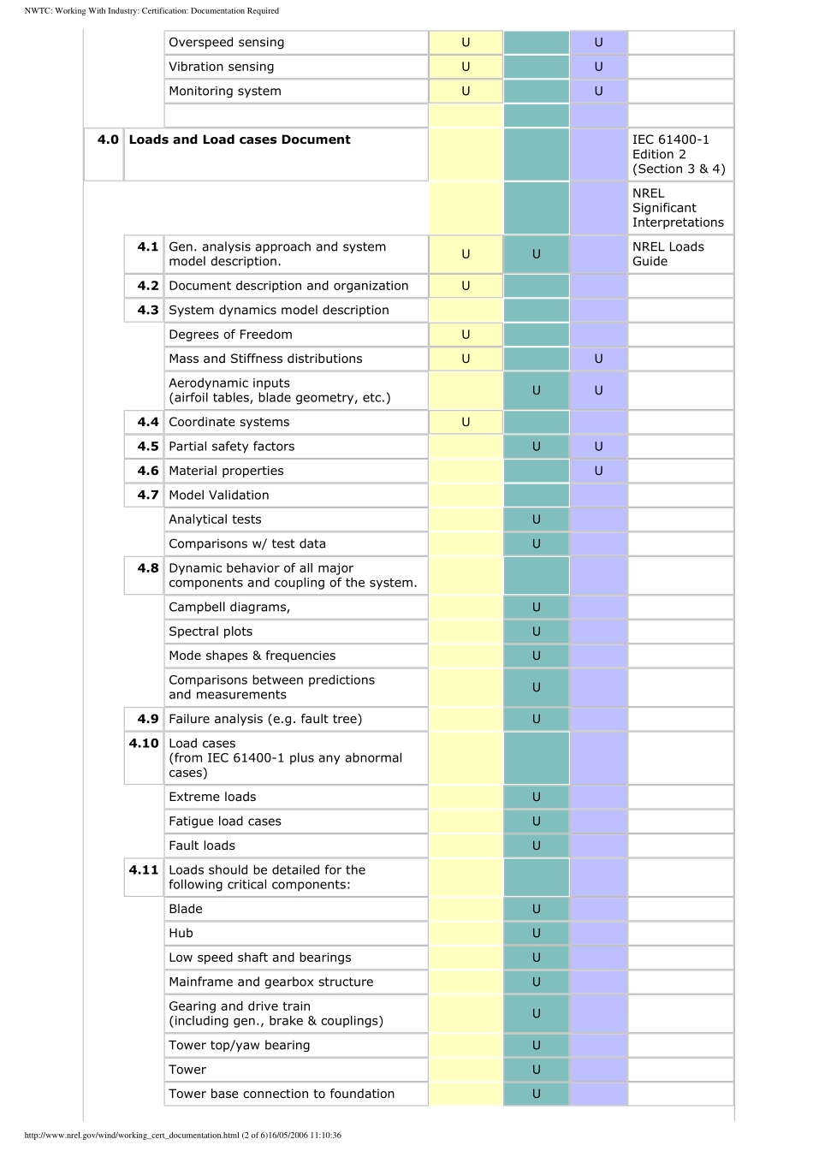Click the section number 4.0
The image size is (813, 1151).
point(108,139)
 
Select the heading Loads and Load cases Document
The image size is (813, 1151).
point(240,139)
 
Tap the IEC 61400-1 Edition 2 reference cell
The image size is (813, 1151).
point(679,154)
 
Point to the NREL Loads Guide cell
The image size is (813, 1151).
point(668,254)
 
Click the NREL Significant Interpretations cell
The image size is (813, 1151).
point(678,208)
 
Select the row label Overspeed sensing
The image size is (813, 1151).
point(227,42)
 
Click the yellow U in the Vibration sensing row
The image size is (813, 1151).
point(466,67)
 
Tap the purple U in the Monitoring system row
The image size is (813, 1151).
point(598,91)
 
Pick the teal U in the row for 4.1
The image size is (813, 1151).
point(537,254)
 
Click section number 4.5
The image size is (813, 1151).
point(148,446)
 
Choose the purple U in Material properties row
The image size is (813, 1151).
point(598,471)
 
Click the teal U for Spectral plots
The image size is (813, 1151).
point(537,632)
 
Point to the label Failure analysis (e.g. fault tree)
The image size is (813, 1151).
point(265,719)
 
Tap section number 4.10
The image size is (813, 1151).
point(144,743)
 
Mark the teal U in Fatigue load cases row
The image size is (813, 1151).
point(537,821)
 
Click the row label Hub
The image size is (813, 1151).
point(181,933)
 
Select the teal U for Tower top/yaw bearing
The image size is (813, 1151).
point(537,1045)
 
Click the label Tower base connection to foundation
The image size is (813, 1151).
point(282,1094)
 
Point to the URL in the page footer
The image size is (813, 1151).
point(183,1135)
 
